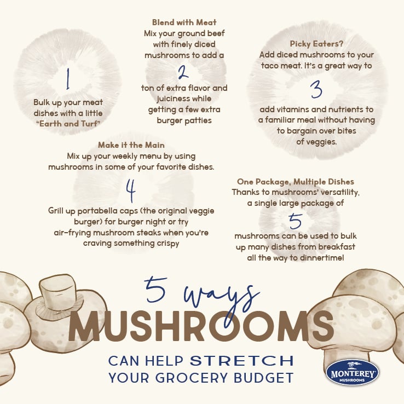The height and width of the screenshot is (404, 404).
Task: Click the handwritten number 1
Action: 67,80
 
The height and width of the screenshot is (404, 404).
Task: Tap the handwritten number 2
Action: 183,71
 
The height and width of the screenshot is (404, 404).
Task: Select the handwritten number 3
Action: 316,89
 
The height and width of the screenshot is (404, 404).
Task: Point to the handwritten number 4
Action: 130,191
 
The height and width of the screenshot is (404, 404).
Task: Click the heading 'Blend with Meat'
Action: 184,22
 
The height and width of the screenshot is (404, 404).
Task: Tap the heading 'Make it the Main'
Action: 131,145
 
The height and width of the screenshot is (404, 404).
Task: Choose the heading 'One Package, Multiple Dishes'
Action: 295,181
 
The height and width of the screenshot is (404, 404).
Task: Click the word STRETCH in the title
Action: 241,361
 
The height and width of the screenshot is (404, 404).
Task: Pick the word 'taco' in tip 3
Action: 271,66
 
